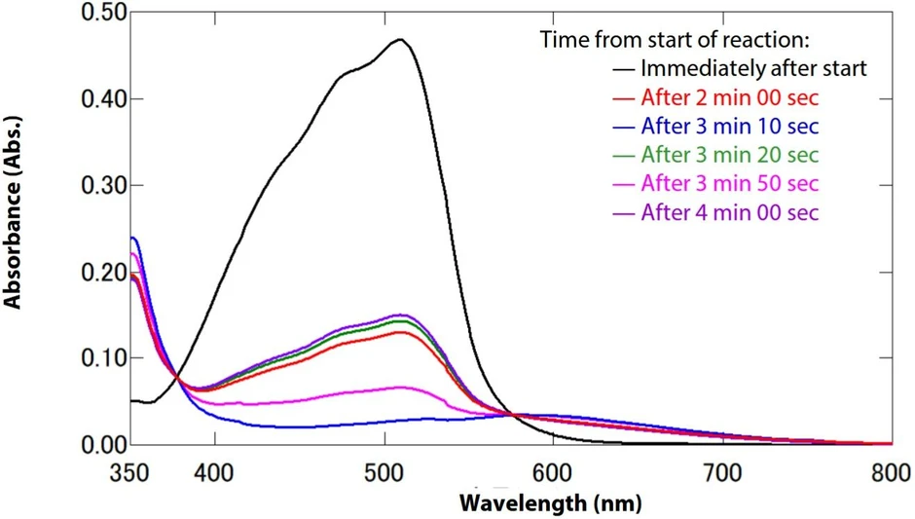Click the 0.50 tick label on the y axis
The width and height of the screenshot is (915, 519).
81,14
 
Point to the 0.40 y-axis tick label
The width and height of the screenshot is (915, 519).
81,99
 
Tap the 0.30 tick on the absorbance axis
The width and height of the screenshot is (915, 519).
81,185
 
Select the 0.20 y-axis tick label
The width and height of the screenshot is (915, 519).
81,272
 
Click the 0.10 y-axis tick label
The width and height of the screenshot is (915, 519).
81,357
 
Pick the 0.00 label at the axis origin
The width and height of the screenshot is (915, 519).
81,444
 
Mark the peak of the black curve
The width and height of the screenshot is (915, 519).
399,40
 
